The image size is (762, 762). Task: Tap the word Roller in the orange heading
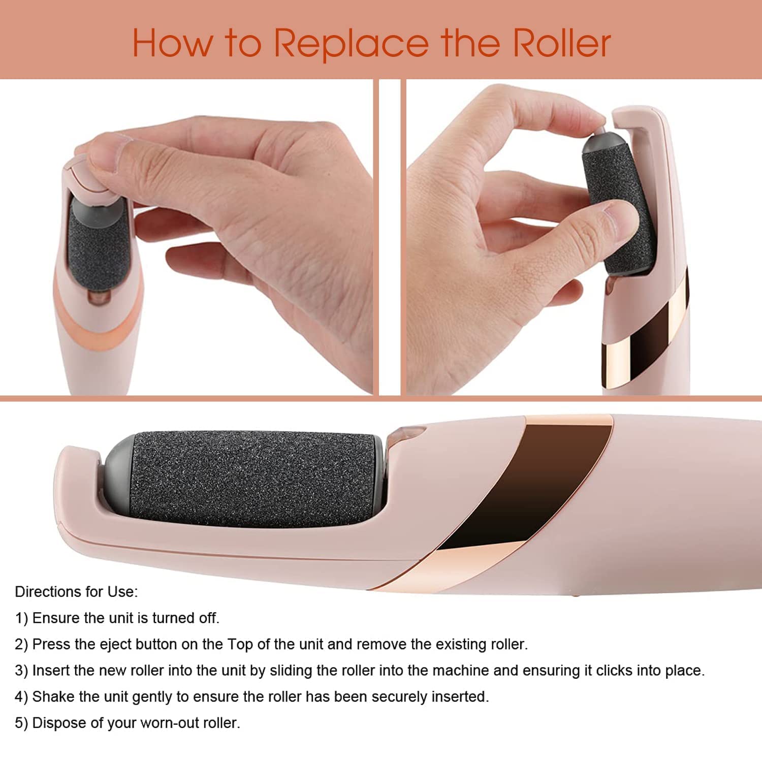(x=561, y=44)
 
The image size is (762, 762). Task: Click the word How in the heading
(x=172, y=44)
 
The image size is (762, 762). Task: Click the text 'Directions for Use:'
(x=76, y=592)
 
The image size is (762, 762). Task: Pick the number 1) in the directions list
(x=21, y=618)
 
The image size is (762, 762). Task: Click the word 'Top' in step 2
(x=240, y=645)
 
